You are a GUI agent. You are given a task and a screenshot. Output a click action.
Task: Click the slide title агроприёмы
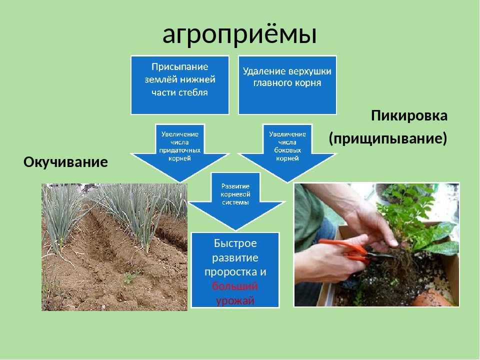(239, 34)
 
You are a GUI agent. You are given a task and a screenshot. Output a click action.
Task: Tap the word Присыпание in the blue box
(179, 66)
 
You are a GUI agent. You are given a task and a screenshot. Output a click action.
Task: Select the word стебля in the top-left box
(193, 92)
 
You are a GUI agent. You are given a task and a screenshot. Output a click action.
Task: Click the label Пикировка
(409, 115)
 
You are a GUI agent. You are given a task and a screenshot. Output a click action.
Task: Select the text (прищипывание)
(388, 138)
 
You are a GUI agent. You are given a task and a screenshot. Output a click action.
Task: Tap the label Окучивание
(65, 162)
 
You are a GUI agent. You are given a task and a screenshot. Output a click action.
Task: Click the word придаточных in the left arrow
(179, 150)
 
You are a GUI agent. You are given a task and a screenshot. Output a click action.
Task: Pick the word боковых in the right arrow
(287, 150)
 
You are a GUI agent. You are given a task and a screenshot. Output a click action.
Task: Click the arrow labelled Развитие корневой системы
(235, 201)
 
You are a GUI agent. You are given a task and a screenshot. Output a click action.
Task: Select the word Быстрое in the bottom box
(235, 243)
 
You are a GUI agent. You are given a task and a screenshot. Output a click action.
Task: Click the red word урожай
(235, 300)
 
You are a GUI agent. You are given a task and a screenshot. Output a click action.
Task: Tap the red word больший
(235, 286)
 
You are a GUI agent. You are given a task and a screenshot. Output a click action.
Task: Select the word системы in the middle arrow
(235, 202)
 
